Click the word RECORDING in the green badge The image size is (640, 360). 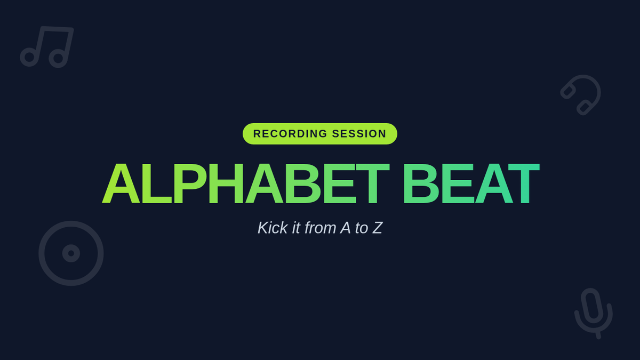tap(290, 134)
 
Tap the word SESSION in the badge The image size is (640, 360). tap(359, 134)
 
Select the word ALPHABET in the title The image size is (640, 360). tap(246, 183)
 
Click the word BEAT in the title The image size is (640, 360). tap(471, 183)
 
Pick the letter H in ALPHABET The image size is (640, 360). tap(226, 183)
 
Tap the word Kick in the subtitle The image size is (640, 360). tap(273, 228)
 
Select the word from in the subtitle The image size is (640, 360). tap(320, 228)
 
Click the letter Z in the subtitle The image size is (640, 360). tap(377, 228)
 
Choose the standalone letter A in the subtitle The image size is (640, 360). tap(346, 228)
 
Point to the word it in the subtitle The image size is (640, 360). tap(297, 228)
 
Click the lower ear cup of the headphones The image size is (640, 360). tap(584, 108)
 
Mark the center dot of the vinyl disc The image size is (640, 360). tap(71, 253)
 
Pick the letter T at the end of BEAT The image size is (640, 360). tap(524, 183)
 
